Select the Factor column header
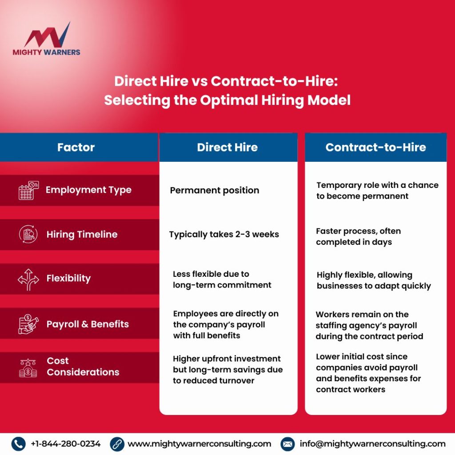click(x=76, y=147)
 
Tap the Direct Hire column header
click(x=227, y=147)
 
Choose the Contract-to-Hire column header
click(x=375, y=147)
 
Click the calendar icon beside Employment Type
click(x=28, y=190)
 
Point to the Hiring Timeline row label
click(x=82, y=234)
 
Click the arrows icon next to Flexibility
click(x=28, y=279)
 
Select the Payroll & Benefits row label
click(x=88, y=324)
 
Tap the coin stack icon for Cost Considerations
click(x=28, y=368)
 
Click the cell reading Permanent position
click(x=214, y=190)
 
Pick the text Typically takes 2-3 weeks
click(x=224, y=234)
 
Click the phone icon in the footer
click(x=18, y=443)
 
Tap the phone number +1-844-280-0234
click(x=66, y=443)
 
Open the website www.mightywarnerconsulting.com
click(x=199, y=443)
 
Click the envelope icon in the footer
click(x=287, y=443)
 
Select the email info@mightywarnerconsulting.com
click(x=372, y=443)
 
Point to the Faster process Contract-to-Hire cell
click(x=358, y=237)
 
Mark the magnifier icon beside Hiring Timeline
click(x=28, y=234)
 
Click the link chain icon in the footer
click(x=117, y=443)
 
